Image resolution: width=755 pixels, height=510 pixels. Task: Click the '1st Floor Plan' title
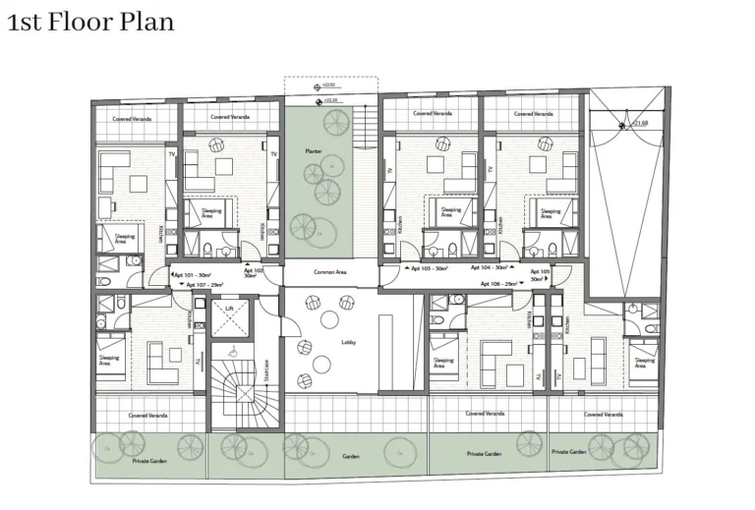[90, 21]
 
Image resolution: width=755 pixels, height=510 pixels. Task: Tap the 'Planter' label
[314, 150]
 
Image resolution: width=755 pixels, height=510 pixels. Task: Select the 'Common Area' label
[330, 272]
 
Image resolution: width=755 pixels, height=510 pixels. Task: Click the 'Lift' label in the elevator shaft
[229, 309]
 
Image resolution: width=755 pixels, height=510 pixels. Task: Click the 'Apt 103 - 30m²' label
[429, 267]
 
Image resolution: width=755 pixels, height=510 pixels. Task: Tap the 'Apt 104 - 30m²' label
[489, 267]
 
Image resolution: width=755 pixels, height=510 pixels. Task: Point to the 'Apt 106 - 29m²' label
[499, 283]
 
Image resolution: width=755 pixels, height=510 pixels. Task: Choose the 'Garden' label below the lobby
[351, 456]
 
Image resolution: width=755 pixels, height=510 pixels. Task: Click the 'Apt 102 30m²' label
[254, 273]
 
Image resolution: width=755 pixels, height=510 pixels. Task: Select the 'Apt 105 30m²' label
[540, 274]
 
